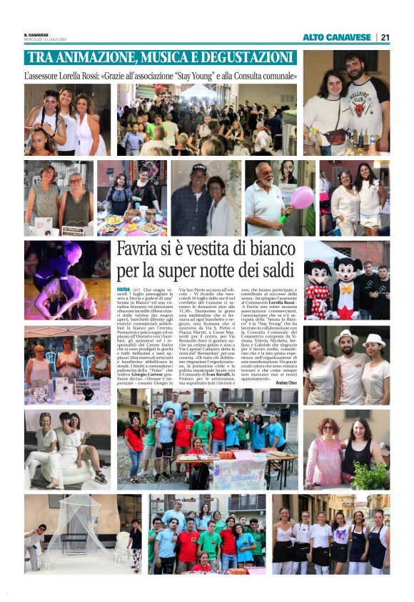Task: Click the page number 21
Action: coord(385,37)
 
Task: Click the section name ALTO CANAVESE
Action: coord(337,37)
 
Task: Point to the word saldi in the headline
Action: coord(274,272)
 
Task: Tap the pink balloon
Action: coord(301,197)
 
